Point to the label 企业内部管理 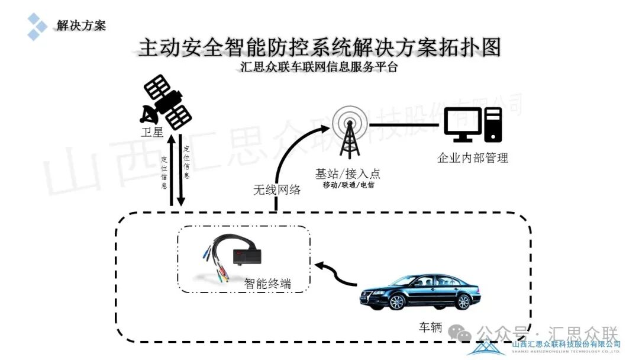(x=473, y=158)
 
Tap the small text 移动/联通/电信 (x=348, y=185)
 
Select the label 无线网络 (x=277, y=190)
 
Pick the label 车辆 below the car (x=431, y=327)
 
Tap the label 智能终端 (x=268, y=284)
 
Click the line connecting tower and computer (x=405, y=125)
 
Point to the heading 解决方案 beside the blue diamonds (x=81, y=25)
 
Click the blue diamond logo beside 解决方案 (x=37, y=26)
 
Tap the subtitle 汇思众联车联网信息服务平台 (x=319, y=67)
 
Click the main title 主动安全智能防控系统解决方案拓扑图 (x=319, y=47)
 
